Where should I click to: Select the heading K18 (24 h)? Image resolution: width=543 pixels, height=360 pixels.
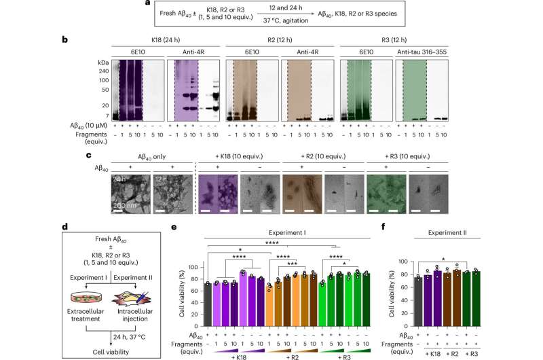coord(168,41)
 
